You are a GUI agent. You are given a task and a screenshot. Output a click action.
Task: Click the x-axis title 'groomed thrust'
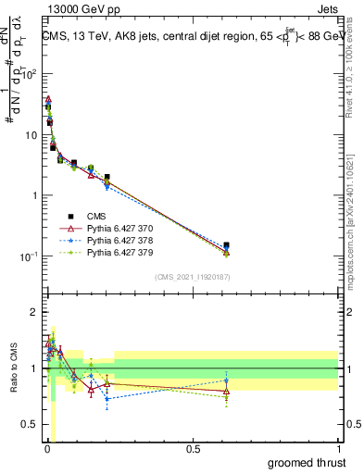(307, 461)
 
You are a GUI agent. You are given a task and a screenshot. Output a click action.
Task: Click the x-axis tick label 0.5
(193, 449)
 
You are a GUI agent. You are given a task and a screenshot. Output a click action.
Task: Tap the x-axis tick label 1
(339, 449)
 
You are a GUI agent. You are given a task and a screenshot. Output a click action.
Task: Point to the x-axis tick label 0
(46, 449)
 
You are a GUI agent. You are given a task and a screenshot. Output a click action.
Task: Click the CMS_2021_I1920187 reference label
(193, 277)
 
